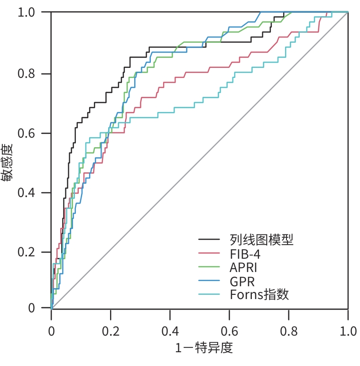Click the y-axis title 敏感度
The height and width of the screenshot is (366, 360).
(8, 162)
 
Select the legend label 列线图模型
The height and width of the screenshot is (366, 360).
(261, 240)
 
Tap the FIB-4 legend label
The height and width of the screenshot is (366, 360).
(245, 253)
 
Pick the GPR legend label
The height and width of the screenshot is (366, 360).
(242, 281)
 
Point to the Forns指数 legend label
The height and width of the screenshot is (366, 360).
(259, 294)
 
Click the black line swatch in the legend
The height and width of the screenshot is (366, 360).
(209, 240)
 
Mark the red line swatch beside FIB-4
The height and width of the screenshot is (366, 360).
(209, 253)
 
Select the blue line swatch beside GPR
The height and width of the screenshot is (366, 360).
(209, 281)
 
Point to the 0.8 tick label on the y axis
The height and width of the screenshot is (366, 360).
(27, 74)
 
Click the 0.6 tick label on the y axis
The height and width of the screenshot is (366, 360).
(27, 133)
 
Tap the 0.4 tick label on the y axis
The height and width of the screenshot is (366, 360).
(27, 193)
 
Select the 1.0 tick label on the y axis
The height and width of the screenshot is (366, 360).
(27, 12)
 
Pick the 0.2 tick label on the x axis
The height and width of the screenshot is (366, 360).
(111, 330)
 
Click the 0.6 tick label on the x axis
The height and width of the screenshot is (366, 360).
(230, 330)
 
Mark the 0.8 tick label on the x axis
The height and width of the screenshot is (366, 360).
(289, 330)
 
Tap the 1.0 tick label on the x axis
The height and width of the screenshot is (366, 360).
(348, 330)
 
